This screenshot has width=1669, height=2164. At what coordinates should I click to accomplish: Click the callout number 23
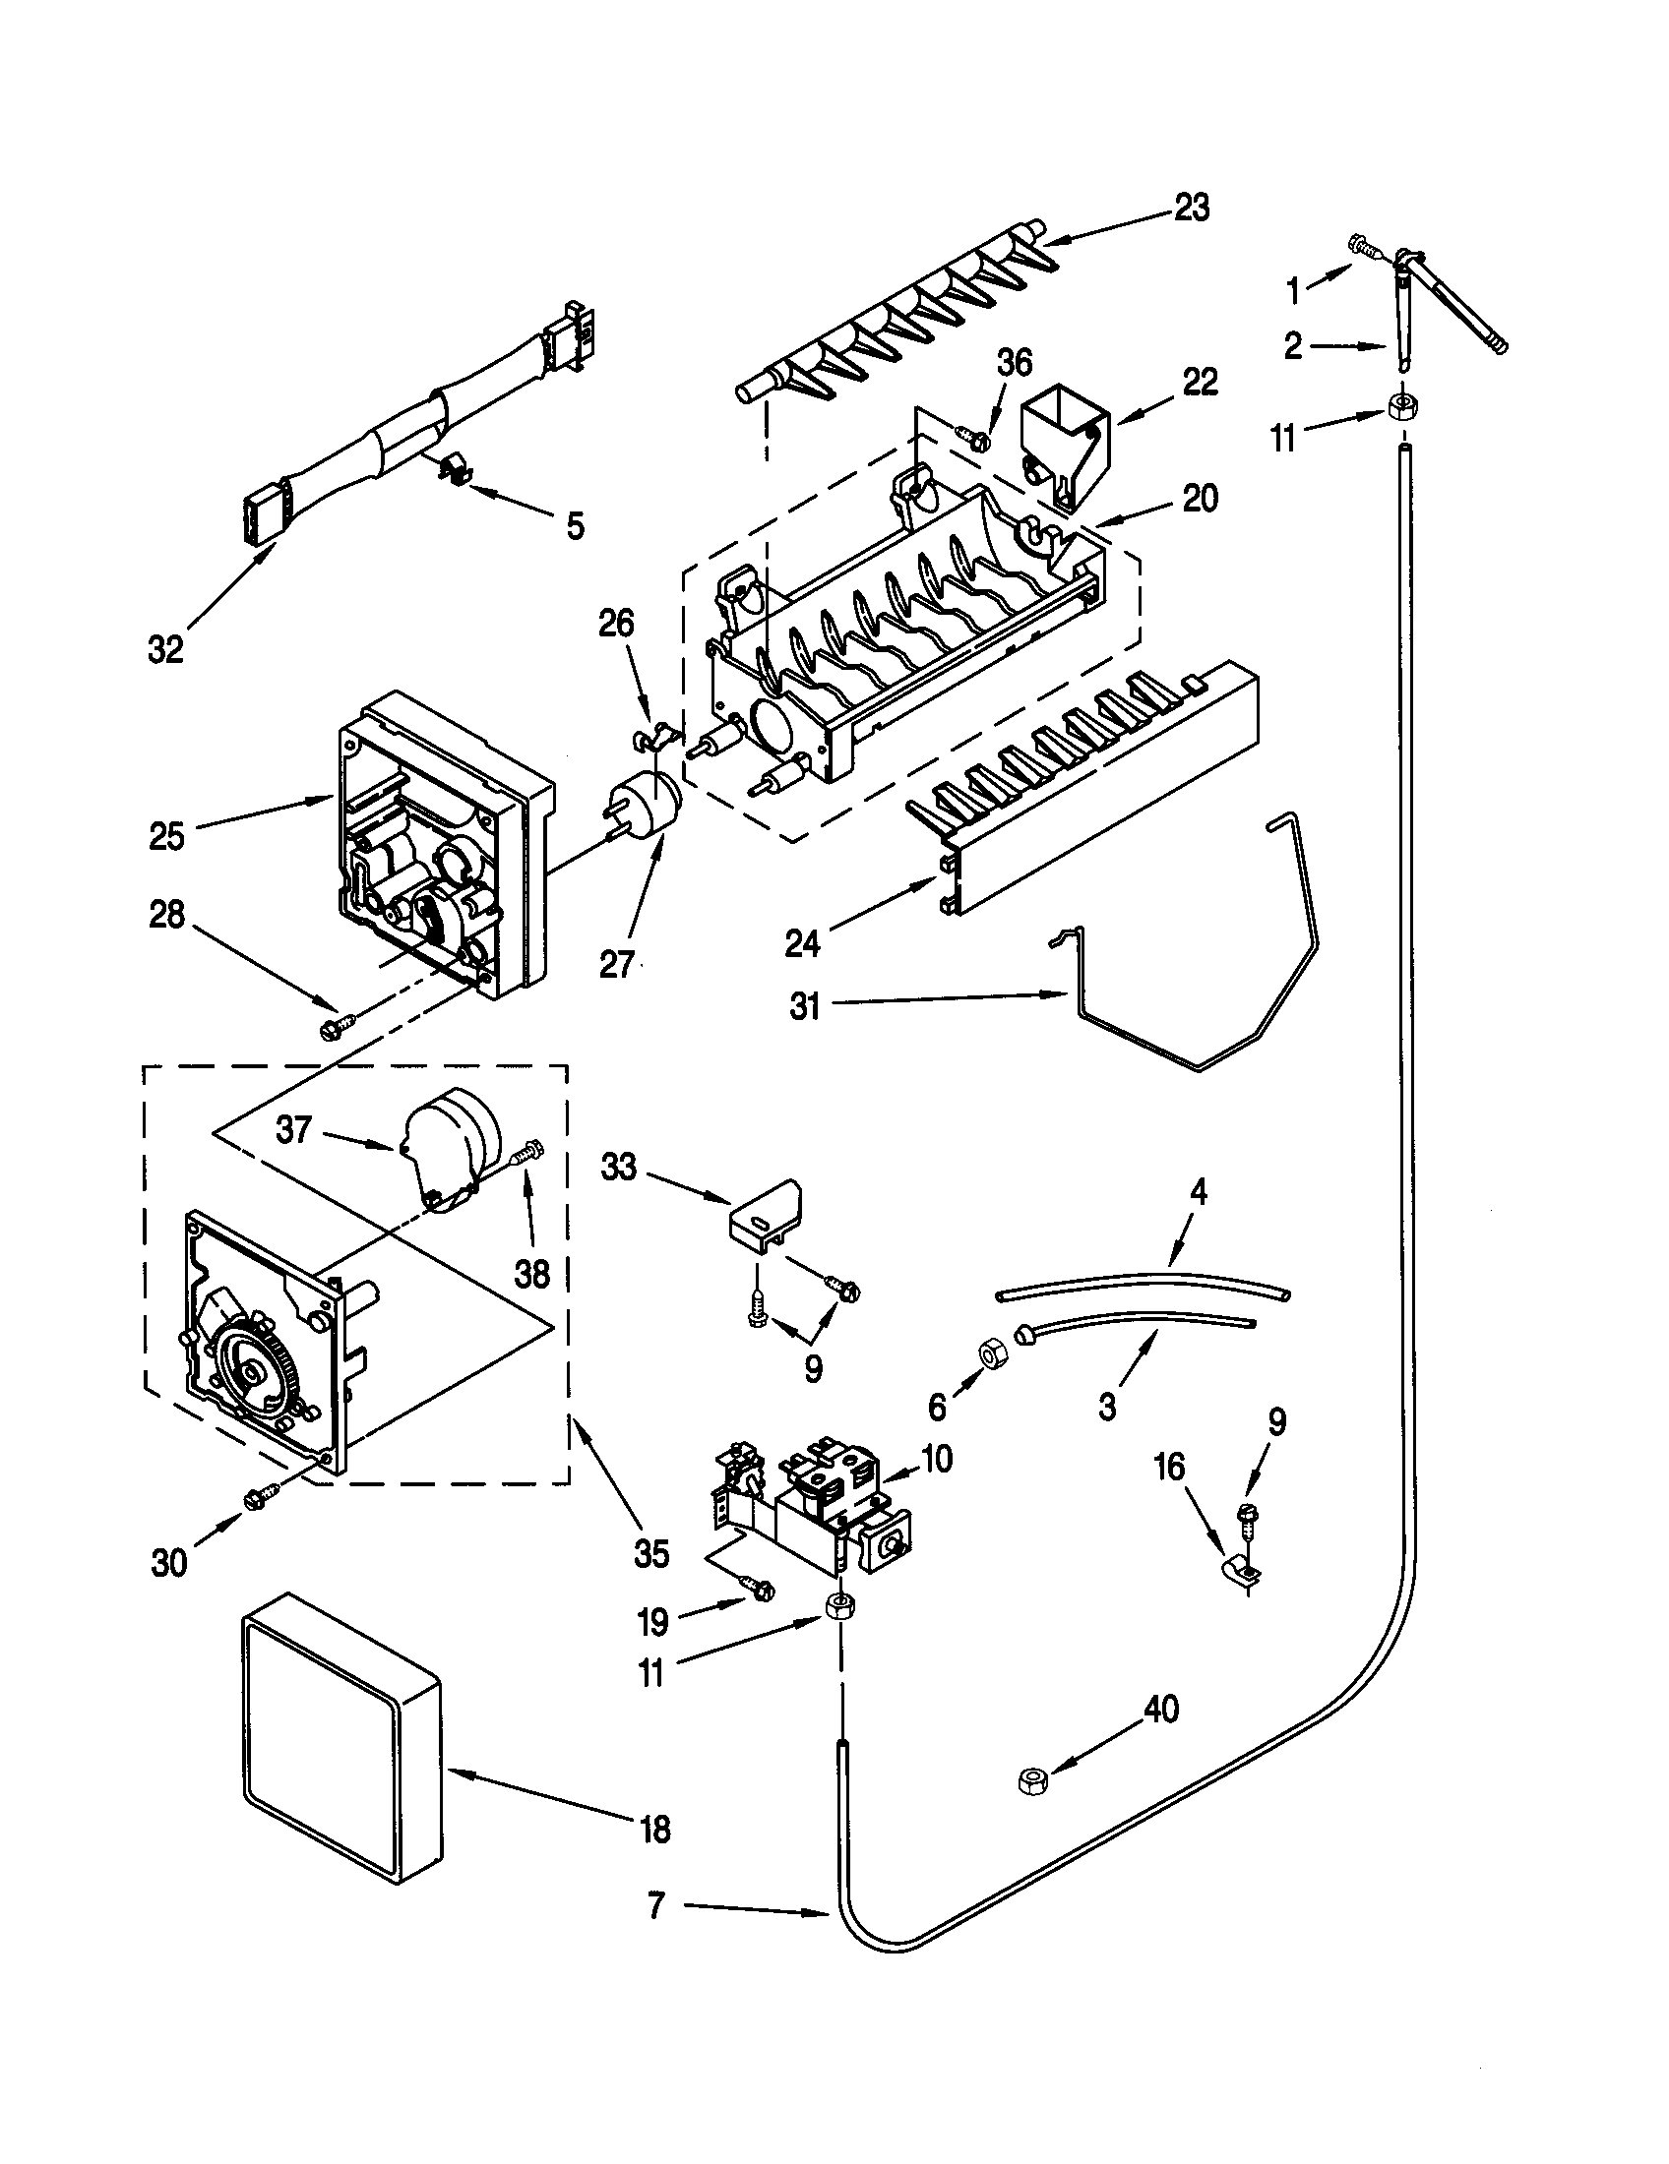pyautogui.click(x=1192, y=209)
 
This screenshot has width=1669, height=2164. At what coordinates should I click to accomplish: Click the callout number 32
pyautogui.click(x=165, y=650)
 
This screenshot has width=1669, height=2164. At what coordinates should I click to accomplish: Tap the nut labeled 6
pyautogui.click(x=992, y=1352)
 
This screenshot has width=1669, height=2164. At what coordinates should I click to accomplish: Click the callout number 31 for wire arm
pyautogui.click(x=805, y=1006)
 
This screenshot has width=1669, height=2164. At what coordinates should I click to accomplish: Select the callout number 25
pyautogui.click(x=166, y=836)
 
